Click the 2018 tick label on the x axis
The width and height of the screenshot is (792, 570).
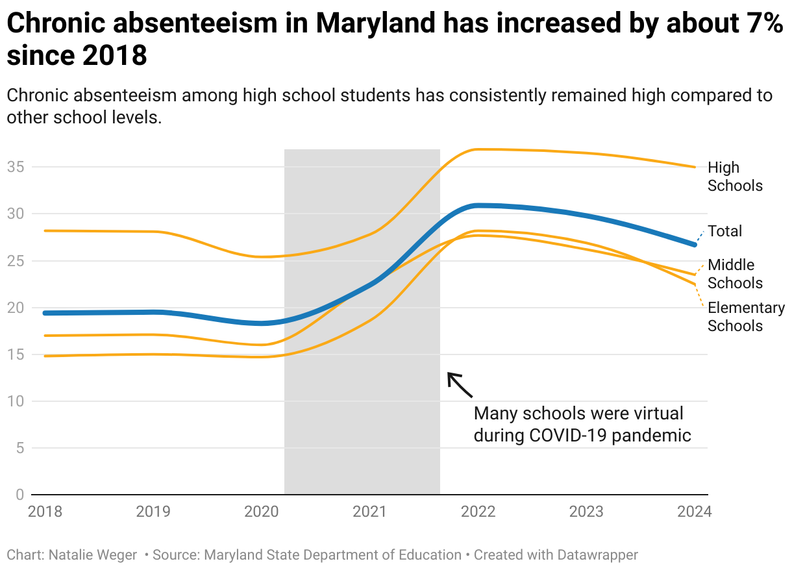tap(45, 511)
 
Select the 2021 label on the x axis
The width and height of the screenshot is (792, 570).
tap(369, 511)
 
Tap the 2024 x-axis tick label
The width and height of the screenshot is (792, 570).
tap(694, 511)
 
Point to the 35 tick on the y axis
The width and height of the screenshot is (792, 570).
tap(15, 167)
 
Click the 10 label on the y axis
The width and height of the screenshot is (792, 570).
tap(15, 401)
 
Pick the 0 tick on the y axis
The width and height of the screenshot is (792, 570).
tap(19, 495)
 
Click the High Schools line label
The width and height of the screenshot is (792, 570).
tap(734, 177)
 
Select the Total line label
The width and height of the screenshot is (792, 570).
tap(724, 231)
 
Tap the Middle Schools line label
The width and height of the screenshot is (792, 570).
tap(734, 274)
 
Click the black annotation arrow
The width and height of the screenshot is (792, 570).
tap(460, 384)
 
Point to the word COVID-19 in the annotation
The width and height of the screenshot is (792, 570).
tap(567, 435)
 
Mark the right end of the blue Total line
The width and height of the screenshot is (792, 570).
tap(694, 244)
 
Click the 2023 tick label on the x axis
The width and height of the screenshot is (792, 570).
tap(586, 511)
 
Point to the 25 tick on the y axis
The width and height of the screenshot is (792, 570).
tap(15, 261)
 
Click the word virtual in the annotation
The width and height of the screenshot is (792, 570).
tap(652, 414)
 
